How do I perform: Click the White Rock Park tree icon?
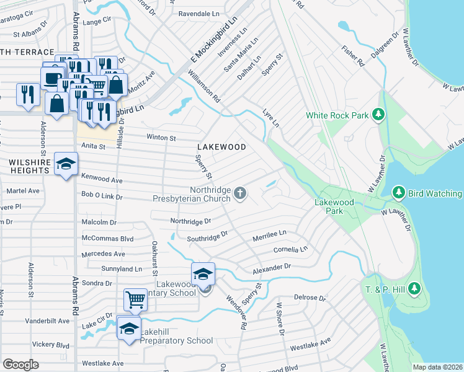(378, 115)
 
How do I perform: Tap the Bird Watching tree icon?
(399, 193)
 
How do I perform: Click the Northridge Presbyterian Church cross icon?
(241, 195)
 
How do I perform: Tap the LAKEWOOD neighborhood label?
(221, 147)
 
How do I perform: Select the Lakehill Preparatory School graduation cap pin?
(129, 329)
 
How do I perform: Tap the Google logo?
(20, 365)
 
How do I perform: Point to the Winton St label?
(161, 137)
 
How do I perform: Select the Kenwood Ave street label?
(102, 180)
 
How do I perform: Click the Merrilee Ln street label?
(269, 234)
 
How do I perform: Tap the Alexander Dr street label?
(272, 268)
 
